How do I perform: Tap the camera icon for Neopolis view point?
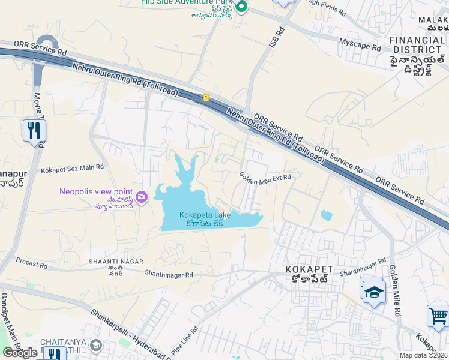142,197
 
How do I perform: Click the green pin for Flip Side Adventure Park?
241,7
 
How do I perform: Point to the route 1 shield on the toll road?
206,97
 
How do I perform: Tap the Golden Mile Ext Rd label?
265,178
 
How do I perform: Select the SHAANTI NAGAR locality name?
116,262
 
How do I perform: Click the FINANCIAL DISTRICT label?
417,45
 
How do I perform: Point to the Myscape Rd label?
360,44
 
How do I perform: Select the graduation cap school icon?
373,291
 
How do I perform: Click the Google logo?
20,353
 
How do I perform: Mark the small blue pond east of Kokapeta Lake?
326,215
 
